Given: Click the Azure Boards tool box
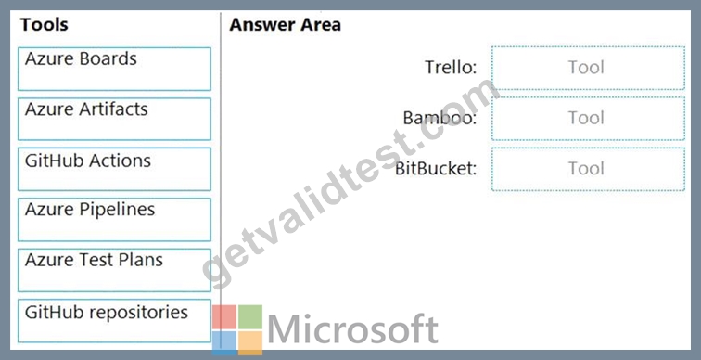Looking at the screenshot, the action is tap(114, 69).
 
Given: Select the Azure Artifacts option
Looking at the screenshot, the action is tap(114, 119).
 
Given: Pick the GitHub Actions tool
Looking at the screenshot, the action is tap(114, 169).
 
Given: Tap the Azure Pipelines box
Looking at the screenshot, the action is tap(114, 220).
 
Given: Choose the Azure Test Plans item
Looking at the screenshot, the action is tap(114, 270).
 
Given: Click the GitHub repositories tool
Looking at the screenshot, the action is tap(114, 321).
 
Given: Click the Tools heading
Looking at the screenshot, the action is tap(45, 25).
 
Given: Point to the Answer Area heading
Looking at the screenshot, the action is tap(286, 25).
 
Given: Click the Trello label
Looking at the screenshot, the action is tap(451, 68).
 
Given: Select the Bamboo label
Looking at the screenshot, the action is tap(440, 118).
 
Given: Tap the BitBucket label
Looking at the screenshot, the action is tap(436, 169).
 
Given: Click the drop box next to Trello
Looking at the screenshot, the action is tap(588, 68).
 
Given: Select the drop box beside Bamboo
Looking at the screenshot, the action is tap(588, 119).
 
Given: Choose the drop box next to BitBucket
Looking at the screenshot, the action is tap(588, 169).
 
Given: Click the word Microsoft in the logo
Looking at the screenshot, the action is tap(352, 329).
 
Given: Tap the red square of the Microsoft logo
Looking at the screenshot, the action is tap(224, 317).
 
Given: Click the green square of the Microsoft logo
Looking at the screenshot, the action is tap(250, 317).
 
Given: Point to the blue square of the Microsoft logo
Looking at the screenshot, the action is tap(224, 343).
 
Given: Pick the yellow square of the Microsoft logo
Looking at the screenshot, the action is tap(250, 343).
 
